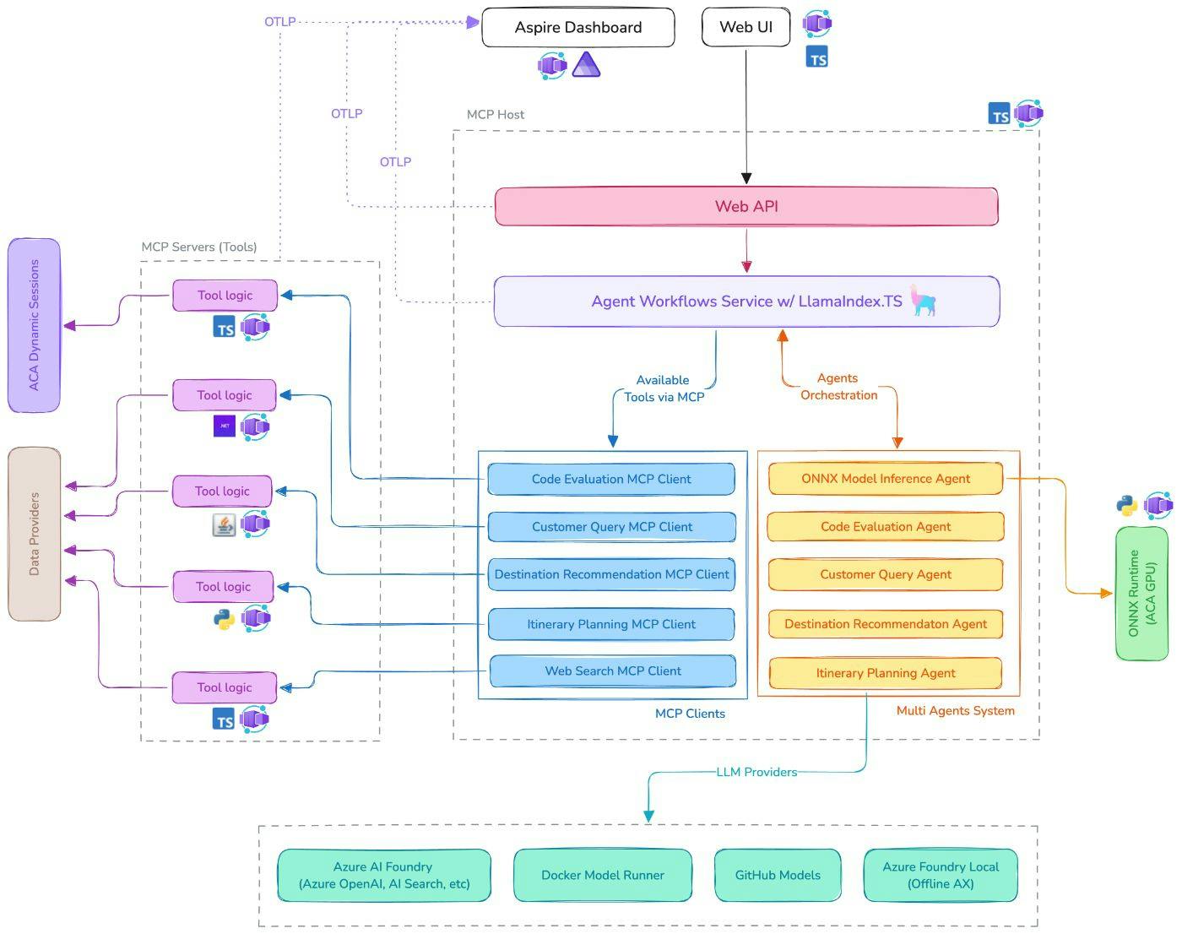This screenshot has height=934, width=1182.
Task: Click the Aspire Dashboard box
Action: click(577, 28)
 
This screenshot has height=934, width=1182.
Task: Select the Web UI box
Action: click(746, 28)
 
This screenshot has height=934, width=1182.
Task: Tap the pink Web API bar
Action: click(746, 207)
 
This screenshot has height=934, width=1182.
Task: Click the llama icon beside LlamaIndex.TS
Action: click(924, 301)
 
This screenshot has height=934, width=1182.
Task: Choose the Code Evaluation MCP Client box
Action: click(610, 479)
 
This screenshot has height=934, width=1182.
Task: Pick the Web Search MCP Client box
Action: click(612, 671)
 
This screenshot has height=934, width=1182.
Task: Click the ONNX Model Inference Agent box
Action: click(885, 479)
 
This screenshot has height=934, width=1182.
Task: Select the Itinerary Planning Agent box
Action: click(885, 673)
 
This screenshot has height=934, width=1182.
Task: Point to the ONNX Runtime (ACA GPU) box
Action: click(1141, 594)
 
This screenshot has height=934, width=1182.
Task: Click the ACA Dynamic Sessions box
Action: click(34, 325)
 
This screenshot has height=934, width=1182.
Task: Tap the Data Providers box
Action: click(34, 534)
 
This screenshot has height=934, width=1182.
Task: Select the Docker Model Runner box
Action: click(602, 876)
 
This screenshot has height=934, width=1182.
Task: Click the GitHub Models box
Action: click(777, 876)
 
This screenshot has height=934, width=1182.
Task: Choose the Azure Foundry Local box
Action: click(940, 876)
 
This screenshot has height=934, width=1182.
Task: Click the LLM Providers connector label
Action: click(756, 772)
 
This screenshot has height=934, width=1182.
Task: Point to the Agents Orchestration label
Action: click(838, 387)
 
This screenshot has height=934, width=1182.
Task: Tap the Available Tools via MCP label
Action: click(663, 388)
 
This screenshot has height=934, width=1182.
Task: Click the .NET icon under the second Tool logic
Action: click(224, 426)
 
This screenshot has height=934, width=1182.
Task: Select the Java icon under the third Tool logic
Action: click(224, 525)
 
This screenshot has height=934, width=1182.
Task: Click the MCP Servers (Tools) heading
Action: click(199, 247)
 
